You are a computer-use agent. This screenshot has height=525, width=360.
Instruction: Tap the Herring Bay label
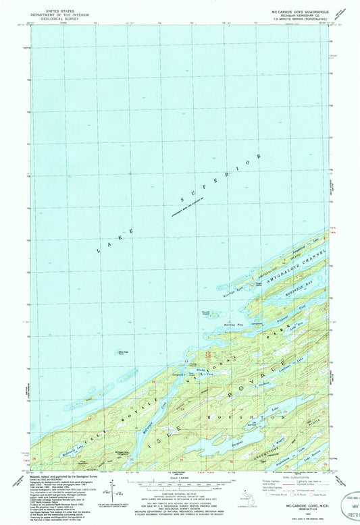[x=233, y=325]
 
